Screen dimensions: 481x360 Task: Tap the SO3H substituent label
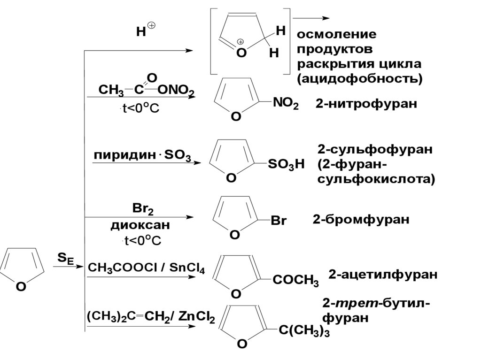(x=286, y=164)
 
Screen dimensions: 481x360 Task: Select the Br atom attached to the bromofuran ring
(x=279, y=220)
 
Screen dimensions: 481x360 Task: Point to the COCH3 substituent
(x=295, y=280)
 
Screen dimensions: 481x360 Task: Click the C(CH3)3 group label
(x=304, y=330)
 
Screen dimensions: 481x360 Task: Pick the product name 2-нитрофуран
(x=366, y=104)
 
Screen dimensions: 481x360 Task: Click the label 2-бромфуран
(x=361, y=219)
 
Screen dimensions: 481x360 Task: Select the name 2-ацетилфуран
(x=383, y=274)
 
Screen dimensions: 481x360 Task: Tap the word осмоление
(x=336, y=34)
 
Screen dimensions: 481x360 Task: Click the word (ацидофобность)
(x=359, y=79)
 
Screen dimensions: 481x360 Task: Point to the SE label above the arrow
(x=66, y=259)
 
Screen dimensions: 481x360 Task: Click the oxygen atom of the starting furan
(x=21, y=287)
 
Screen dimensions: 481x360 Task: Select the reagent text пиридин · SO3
(x=142, y=155)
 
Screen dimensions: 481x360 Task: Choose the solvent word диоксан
(x=140, y=225)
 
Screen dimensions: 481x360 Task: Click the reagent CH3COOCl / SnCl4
(x=146, y=268)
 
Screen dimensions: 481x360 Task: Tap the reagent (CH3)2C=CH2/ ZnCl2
(x=151, y=316)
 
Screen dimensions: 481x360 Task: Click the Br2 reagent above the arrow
(x=143, y=209)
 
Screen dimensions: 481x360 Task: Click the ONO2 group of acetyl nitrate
(x=176, y=90)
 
